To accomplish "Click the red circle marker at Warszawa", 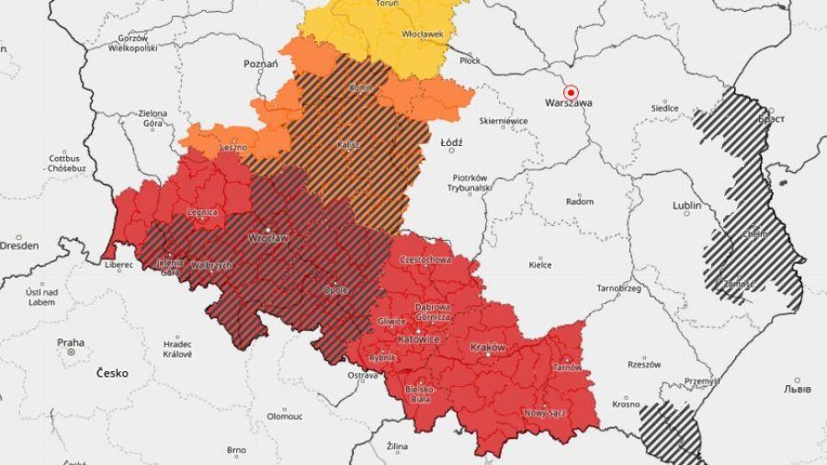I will [571, 92].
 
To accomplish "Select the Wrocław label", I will [268, 237].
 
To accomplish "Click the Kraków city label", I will [487, 347].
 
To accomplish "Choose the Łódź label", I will [451, 143].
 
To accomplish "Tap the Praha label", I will [71, 343].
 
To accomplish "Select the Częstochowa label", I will [425, 260].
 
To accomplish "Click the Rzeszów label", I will [643, 364].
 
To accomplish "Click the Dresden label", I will [19, 246].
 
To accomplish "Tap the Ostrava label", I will [362, 376].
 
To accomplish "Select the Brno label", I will [236, 450].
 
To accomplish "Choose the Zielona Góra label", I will [153, 119].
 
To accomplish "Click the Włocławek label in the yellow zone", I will [423, 34].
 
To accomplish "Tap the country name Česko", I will [112, 373].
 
